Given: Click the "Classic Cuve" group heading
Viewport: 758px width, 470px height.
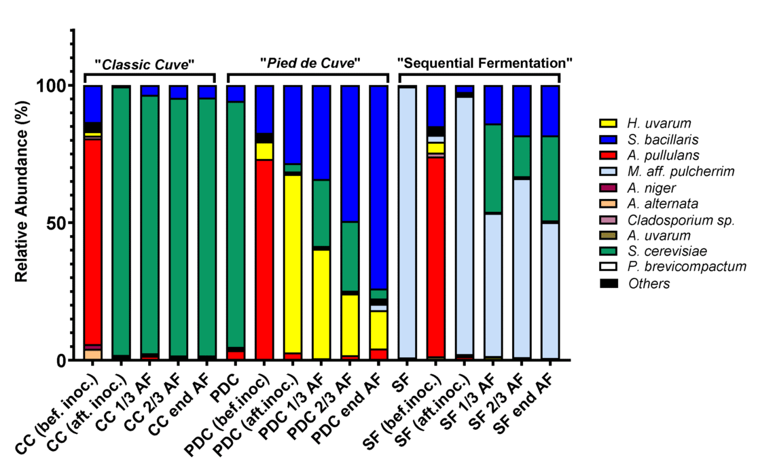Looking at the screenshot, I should pyautogui.click(x=145, y=64).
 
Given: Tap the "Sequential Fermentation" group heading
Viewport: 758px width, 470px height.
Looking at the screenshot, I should pyautogui.click(x=485, y=63).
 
